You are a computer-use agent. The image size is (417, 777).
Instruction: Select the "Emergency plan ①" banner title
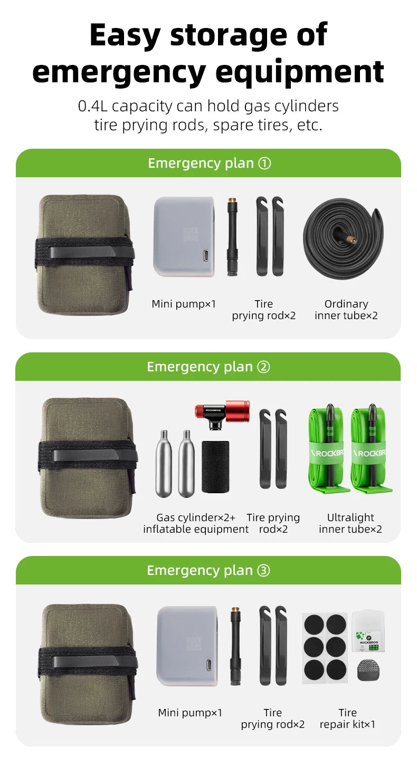click(x=210, y=163)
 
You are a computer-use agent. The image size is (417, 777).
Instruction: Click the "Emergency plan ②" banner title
click(x=209, y=367)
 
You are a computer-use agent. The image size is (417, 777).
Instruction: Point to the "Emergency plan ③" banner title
click(x=209, y=570)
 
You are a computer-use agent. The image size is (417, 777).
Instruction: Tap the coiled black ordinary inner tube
click(x=344, y=239)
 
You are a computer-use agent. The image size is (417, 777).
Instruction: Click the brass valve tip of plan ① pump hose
click(x=232, y=201)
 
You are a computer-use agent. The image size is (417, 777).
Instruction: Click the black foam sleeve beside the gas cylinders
click(x=215, y=466)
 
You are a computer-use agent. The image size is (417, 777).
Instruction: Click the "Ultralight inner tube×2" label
click(x=350, y=523)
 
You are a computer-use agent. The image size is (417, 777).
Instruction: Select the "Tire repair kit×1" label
click(x=347, y=718)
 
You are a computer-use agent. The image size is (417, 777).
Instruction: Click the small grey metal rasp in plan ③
click(x=368, y=670)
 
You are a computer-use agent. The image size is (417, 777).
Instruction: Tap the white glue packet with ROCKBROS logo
click(x=368, y=631)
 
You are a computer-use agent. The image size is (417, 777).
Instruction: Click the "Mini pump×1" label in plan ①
click(x=184, y=304)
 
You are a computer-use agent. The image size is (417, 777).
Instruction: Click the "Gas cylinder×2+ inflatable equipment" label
click(x=196, y=523)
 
